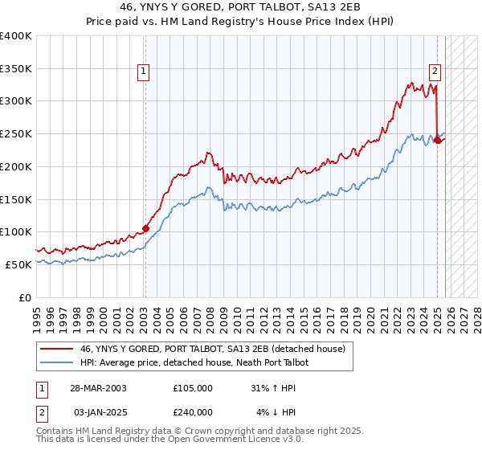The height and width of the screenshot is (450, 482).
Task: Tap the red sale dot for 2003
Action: click(x=145, y=228)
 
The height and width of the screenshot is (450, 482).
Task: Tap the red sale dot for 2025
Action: click(x=437, y=140)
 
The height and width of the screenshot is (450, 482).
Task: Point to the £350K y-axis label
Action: click(x=15, y=69)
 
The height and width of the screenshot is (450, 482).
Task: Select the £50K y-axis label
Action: click(x=18, y=264)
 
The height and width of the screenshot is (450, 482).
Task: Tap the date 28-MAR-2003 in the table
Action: click(x=97, y=387)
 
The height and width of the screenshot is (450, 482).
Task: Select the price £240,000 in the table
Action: click(x=193, y=412)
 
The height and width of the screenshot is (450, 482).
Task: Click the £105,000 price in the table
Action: click(x=193, y=387)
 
